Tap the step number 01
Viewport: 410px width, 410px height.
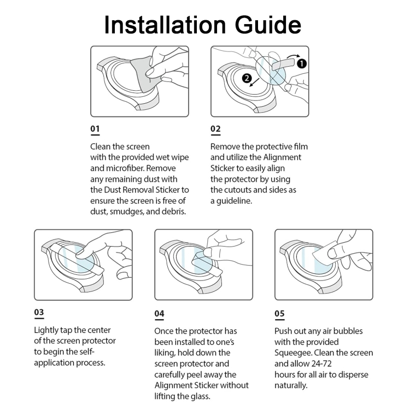click(95, 130)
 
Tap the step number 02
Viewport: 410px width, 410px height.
click(215, 130)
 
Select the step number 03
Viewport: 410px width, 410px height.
click(39, 313)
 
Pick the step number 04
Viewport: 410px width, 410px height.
click(159, 314)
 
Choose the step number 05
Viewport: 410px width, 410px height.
click(279, 314)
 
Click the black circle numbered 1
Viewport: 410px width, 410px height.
click(302, 63)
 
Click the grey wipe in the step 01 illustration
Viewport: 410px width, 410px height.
click(147, 75)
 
